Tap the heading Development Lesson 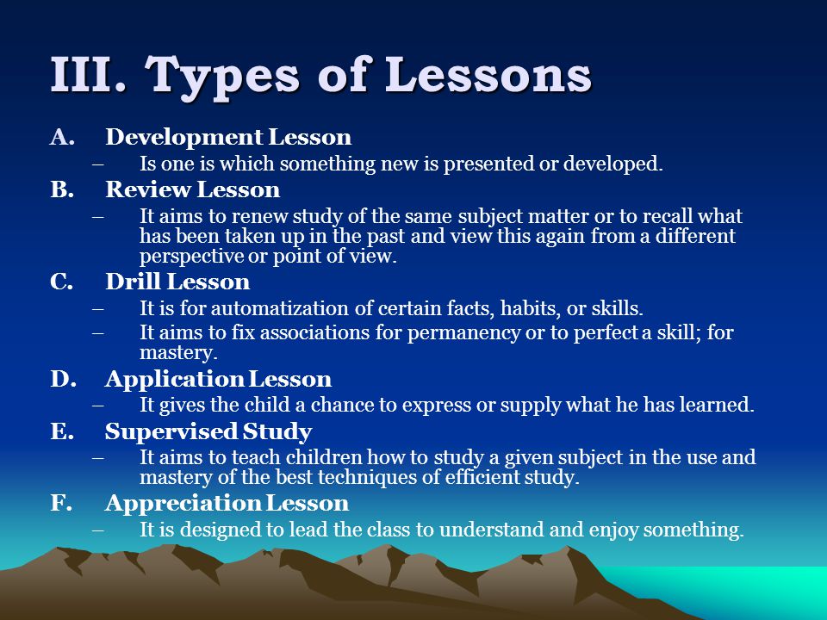[228, 138]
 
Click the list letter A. [62, 137]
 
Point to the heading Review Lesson [192, 189]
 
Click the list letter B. [62, 189]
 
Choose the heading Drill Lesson [177, 282]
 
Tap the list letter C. [61, 282]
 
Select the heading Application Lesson [218, 380]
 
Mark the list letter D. [63, 379]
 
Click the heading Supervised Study [208, 431]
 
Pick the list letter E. [62, 431]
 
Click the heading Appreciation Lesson [227, 504]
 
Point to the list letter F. [60, 503]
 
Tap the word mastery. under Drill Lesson [178, 353]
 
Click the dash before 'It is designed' [97, 530]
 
